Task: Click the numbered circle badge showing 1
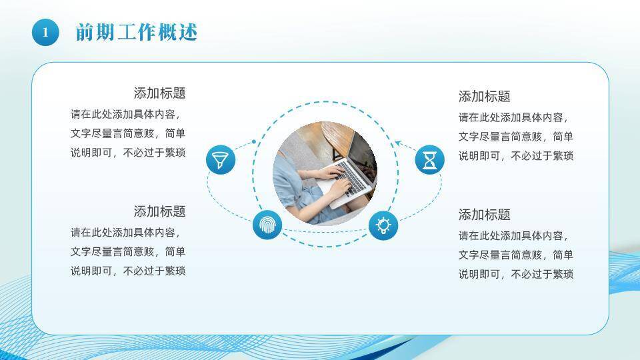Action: (45, 32)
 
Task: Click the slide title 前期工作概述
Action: (136, 32)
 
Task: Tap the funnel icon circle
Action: (221, 159)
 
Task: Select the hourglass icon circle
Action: (430, 159)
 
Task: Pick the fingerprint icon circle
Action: (267, 225)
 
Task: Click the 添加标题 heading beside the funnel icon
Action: (159, 93)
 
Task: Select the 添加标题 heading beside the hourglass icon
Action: (485, 96)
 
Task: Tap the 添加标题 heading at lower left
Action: (159, 211)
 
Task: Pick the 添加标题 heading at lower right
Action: (485, 215)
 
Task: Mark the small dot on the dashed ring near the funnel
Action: (254, 141)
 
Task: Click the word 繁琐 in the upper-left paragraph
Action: (175, 153)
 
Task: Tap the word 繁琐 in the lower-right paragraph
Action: (563, 274)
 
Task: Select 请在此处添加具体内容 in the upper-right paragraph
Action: (511, 117)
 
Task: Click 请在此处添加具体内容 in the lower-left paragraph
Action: (123, 233)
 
